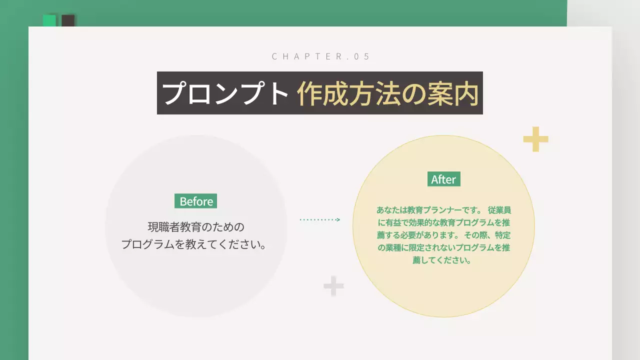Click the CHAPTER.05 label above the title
(x=320, y=56)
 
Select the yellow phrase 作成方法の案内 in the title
(x=387, y=93)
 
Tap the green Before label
(x=195, y=201)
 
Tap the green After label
(x=443, y=179)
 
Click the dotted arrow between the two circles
(x=320, y=219)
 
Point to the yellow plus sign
(x=535, y=139)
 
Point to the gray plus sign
(x=333, y=286)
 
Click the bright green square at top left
(x=49, y=20)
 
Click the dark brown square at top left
(x=68, y=20)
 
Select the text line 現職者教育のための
(x=196, y=227)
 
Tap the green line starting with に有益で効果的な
(x=443, y=222)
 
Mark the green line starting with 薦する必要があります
(x=443, y=235)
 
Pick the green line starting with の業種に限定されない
(x=443, y=247)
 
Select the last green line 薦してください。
(x=442, y=260)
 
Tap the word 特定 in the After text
(x=502, y=235)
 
